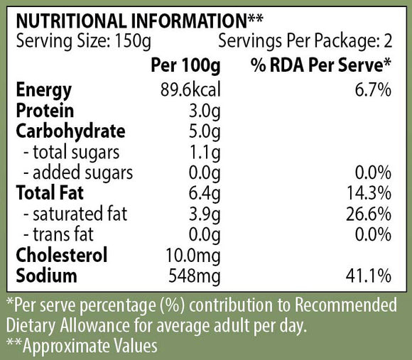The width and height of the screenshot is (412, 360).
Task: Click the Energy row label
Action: pos(43,91)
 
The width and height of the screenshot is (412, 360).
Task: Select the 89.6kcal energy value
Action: pos(190,89)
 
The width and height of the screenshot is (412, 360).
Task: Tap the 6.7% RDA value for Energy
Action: pos(373,89)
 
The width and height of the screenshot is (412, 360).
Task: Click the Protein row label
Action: pos(45,110)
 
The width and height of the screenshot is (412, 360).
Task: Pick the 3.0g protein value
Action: pos(205,111)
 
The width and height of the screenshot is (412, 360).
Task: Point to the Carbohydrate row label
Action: pos(70,131)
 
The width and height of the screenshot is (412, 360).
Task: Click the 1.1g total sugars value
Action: pos(205,153)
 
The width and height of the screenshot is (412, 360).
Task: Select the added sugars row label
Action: pos(78,173)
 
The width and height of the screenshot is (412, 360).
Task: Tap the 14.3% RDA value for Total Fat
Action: pos(369,193)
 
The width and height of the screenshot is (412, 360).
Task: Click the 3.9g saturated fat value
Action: pos(205,214)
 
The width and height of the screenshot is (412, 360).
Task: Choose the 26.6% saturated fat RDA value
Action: pos(369,214)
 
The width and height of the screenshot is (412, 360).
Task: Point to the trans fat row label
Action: pos(58,234)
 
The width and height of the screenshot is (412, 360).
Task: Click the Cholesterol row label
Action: pos(62,254)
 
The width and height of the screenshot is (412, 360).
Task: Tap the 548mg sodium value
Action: pos(195,276)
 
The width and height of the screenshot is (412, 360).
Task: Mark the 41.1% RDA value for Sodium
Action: pos(369,276)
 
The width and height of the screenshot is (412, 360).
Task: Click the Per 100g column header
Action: pos(185,65)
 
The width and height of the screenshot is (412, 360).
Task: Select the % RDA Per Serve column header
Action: pos(321,65)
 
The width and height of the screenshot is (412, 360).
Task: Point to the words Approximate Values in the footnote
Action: pos(90,346)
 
